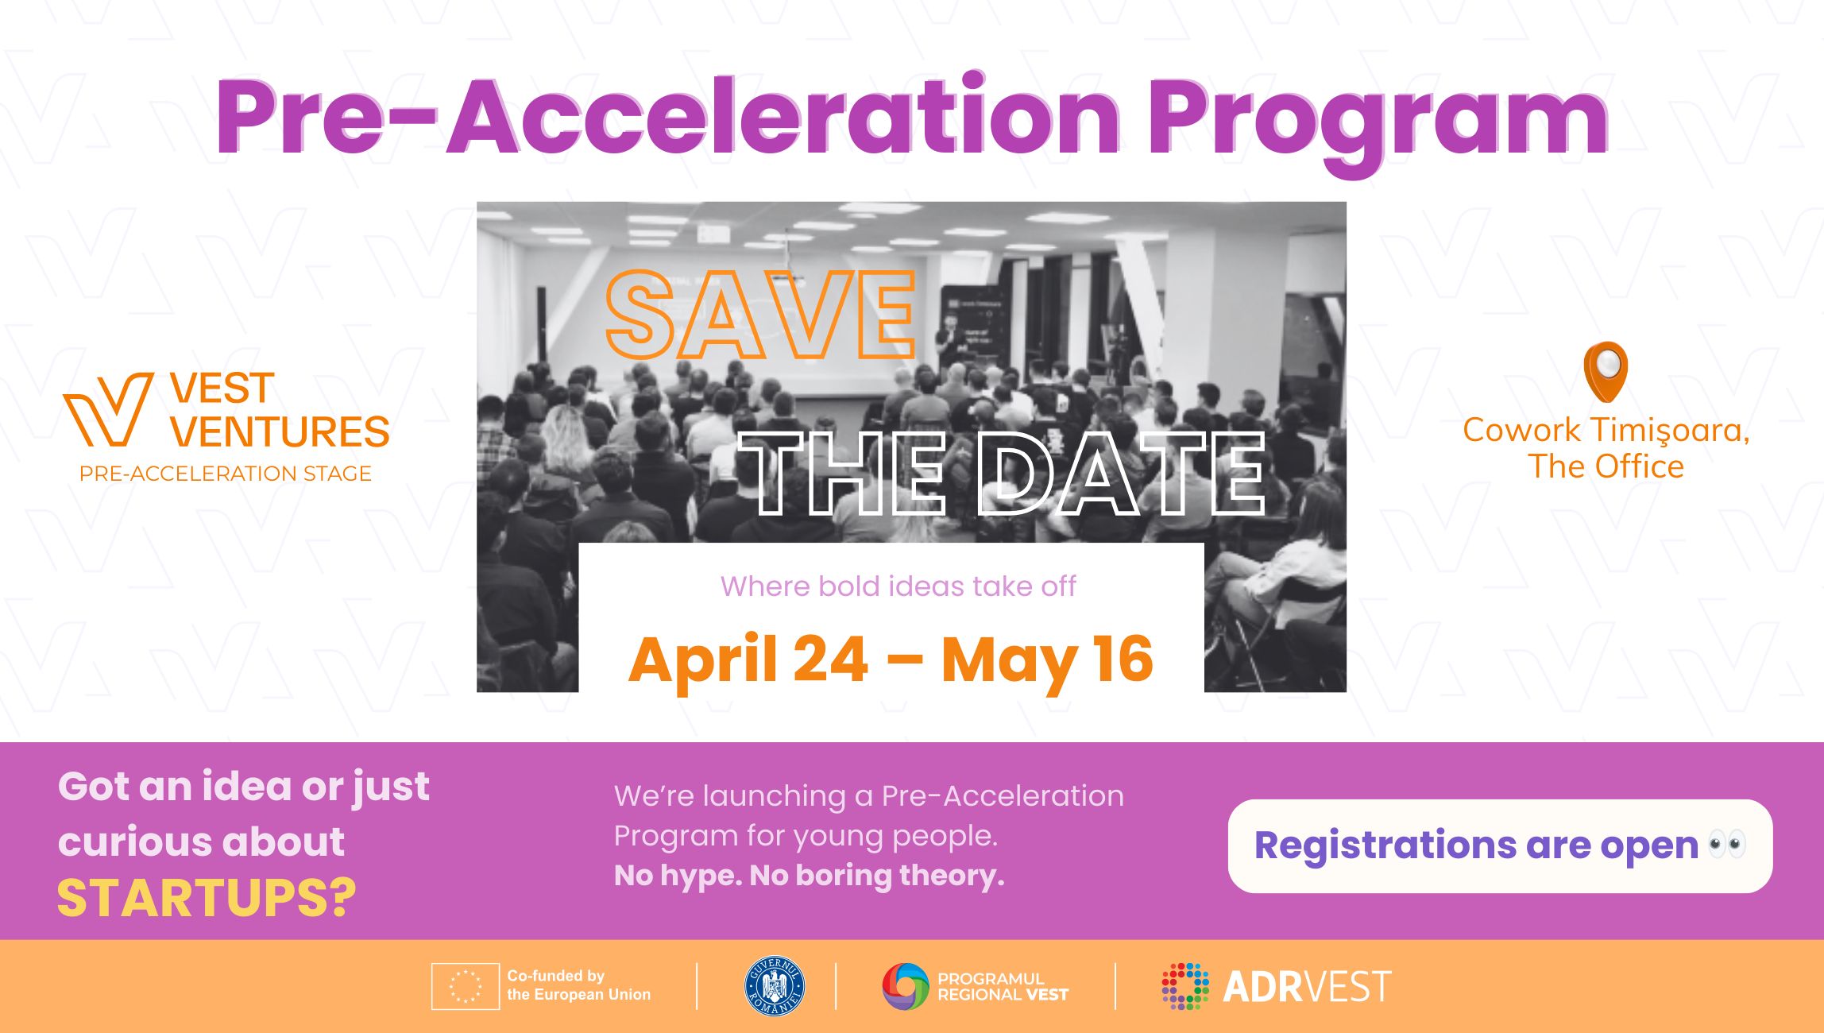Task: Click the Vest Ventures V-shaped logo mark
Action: click(108, 409)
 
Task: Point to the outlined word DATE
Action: click(1120, 474)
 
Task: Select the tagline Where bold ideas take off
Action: click(898, 586)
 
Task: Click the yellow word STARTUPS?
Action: click(207, 899)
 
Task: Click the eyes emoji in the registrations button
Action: click(1728, 844)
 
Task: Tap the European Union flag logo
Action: click(465, 986)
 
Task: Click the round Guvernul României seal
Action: click(774, 986)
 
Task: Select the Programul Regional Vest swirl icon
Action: click(906, 986)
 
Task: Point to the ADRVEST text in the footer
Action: click(1307, 987)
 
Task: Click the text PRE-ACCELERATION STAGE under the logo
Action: click(226, 474)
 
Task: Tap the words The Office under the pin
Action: click(1606, 466)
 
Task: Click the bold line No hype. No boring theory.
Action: click(810, 875)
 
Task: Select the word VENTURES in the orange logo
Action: click(280, 431)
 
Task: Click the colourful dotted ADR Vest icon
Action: click(1185, 986)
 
